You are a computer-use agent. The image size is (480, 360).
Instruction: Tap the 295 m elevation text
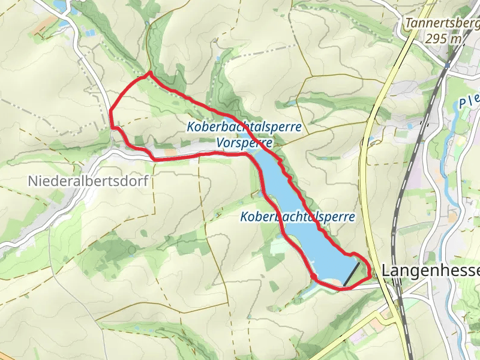click(x=445, y=39)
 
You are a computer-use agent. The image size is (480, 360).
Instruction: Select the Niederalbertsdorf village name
click(x=88, y=181)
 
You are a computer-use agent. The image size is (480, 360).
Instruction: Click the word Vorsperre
click(x=245, y=143)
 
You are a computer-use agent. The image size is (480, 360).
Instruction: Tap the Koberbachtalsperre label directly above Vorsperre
click(x=244, y=127)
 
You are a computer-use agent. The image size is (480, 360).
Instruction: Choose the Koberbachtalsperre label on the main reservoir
click(x=298, y=217)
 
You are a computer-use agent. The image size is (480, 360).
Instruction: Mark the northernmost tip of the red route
click(x=149, y=73)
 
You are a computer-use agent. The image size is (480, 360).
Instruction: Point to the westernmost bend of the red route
click(x=110, y=110)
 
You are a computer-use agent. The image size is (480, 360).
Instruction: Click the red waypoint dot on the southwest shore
click(x=313, y=275)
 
